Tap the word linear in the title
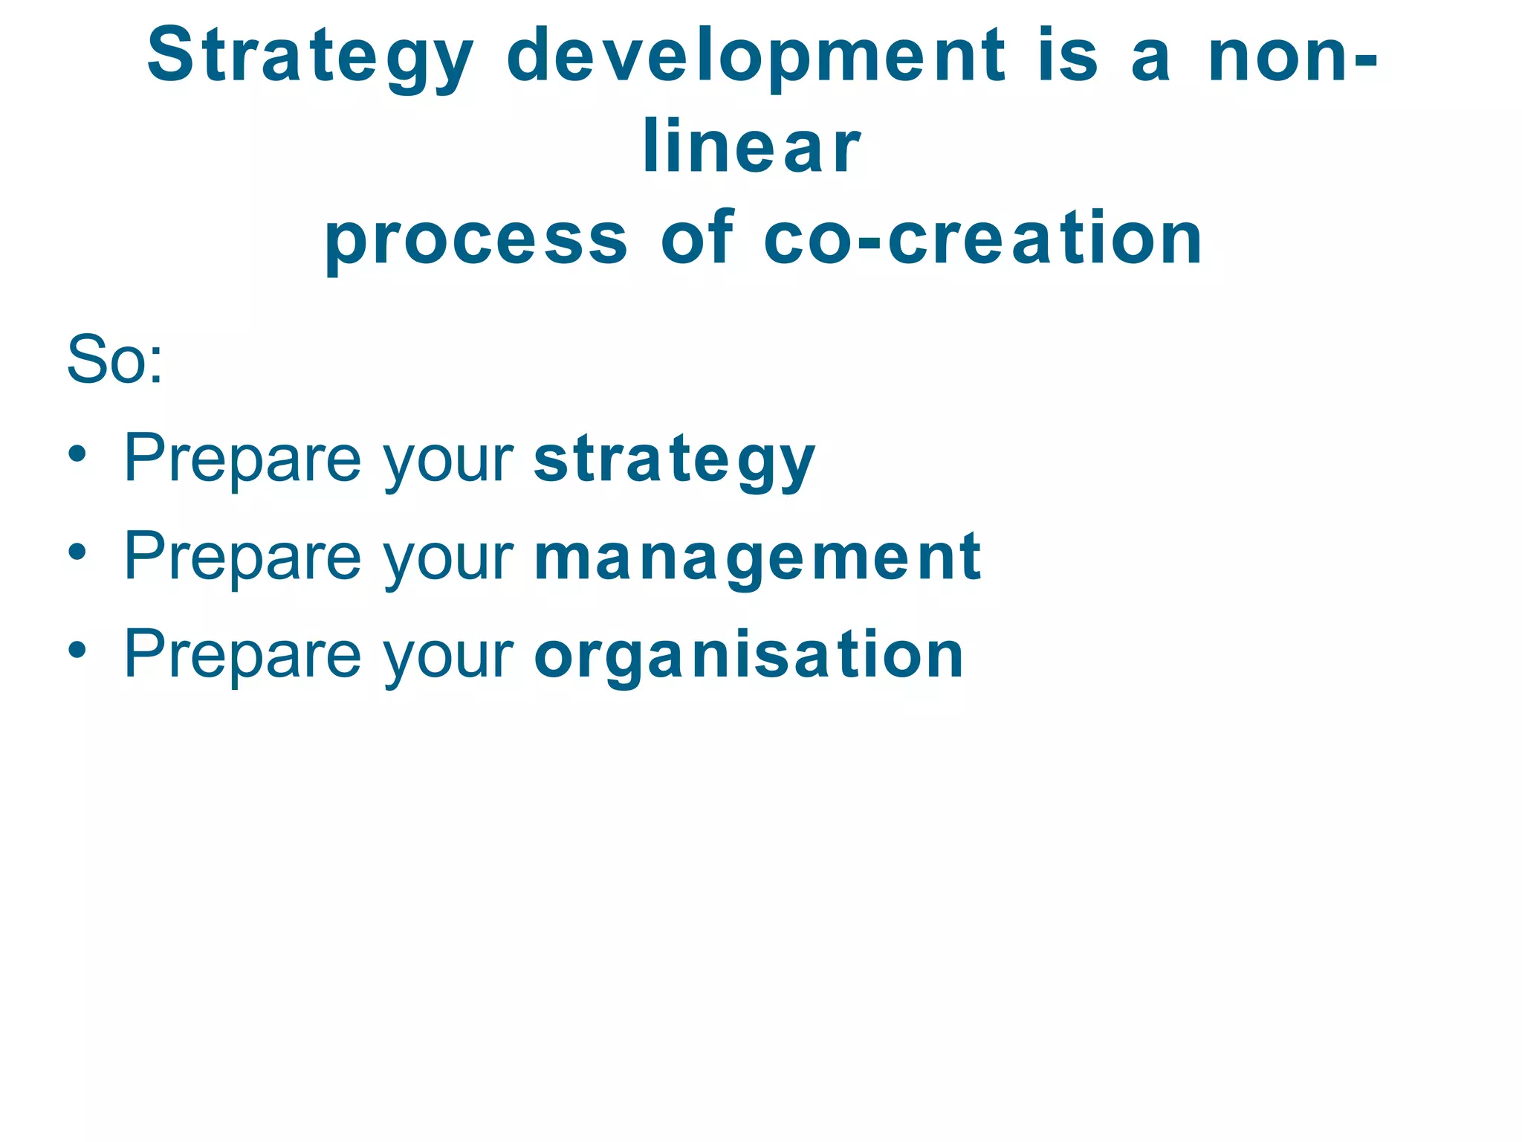751,147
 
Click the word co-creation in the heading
982,238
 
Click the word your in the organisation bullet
448,659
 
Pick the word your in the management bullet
448,561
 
